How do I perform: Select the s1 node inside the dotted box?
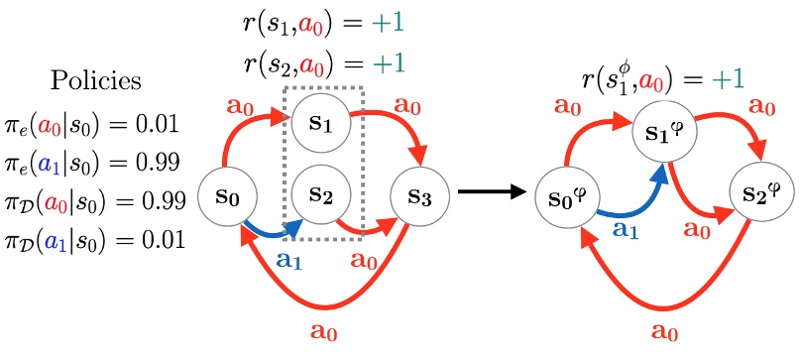(x=319, y=130)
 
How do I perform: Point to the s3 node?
(x=421, y=194)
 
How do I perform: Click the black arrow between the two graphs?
(x=495, y=193)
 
